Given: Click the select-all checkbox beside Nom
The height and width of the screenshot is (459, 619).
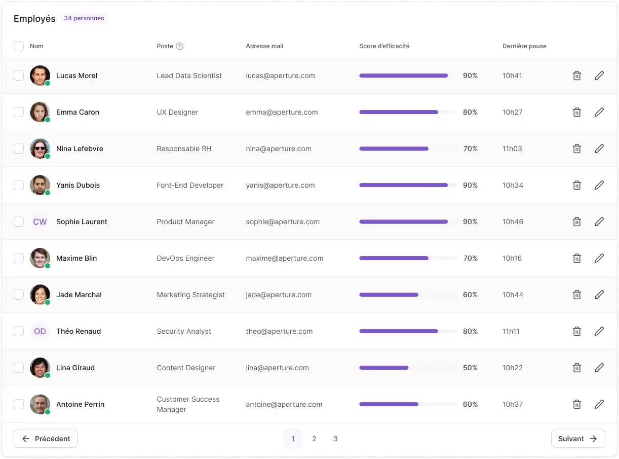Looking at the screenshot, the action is (19, 46).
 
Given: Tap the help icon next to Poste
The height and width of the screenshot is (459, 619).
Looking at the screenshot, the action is (180, 46).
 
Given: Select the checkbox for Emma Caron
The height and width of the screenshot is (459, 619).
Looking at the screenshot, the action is (19, 112).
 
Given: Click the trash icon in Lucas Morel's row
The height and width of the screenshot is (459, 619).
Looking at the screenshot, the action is (576, 76).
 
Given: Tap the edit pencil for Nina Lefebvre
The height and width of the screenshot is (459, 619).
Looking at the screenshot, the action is (599, 149).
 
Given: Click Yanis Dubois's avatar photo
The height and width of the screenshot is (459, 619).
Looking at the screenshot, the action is (40, 185).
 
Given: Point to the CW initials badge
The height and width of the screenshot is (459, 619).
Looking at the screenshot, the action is (40, 222).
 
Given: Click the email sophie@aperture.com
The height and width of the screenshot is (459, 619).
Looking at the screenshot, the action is (283, 222).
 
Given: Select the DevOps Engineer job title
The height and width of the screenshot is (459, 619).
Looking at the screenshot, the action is (185, 258).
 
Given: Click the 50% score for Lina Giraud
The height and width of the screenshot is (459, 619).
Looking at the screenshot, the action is (470, 368).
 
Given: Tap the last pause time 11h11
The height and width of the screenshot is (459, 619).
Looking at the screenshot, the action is (511, 331).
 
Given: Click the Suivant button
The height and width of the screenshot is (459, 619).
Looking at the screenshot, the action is (578, 439).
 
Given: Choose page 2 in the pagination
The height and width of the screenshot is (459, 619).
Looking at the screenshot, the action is (314, 439).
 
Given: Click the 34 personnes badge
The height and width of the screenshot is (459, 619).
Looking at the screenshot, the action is (84, 18).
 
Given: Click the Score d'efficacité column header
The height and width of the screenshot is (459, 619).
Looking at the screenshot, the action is (384, 46).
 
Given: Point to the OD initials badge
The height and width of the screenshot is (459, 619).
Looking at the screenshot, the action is (40, 331).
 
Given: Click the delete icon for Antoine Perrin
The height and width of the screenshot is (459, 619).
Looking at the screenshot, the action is (576, 404).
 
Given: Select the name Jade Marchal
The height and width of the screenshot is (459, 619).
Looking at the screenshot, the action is (79, 295).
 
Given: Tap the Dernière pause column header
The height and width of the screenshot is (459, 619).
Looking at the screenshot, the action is (524, 46).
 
